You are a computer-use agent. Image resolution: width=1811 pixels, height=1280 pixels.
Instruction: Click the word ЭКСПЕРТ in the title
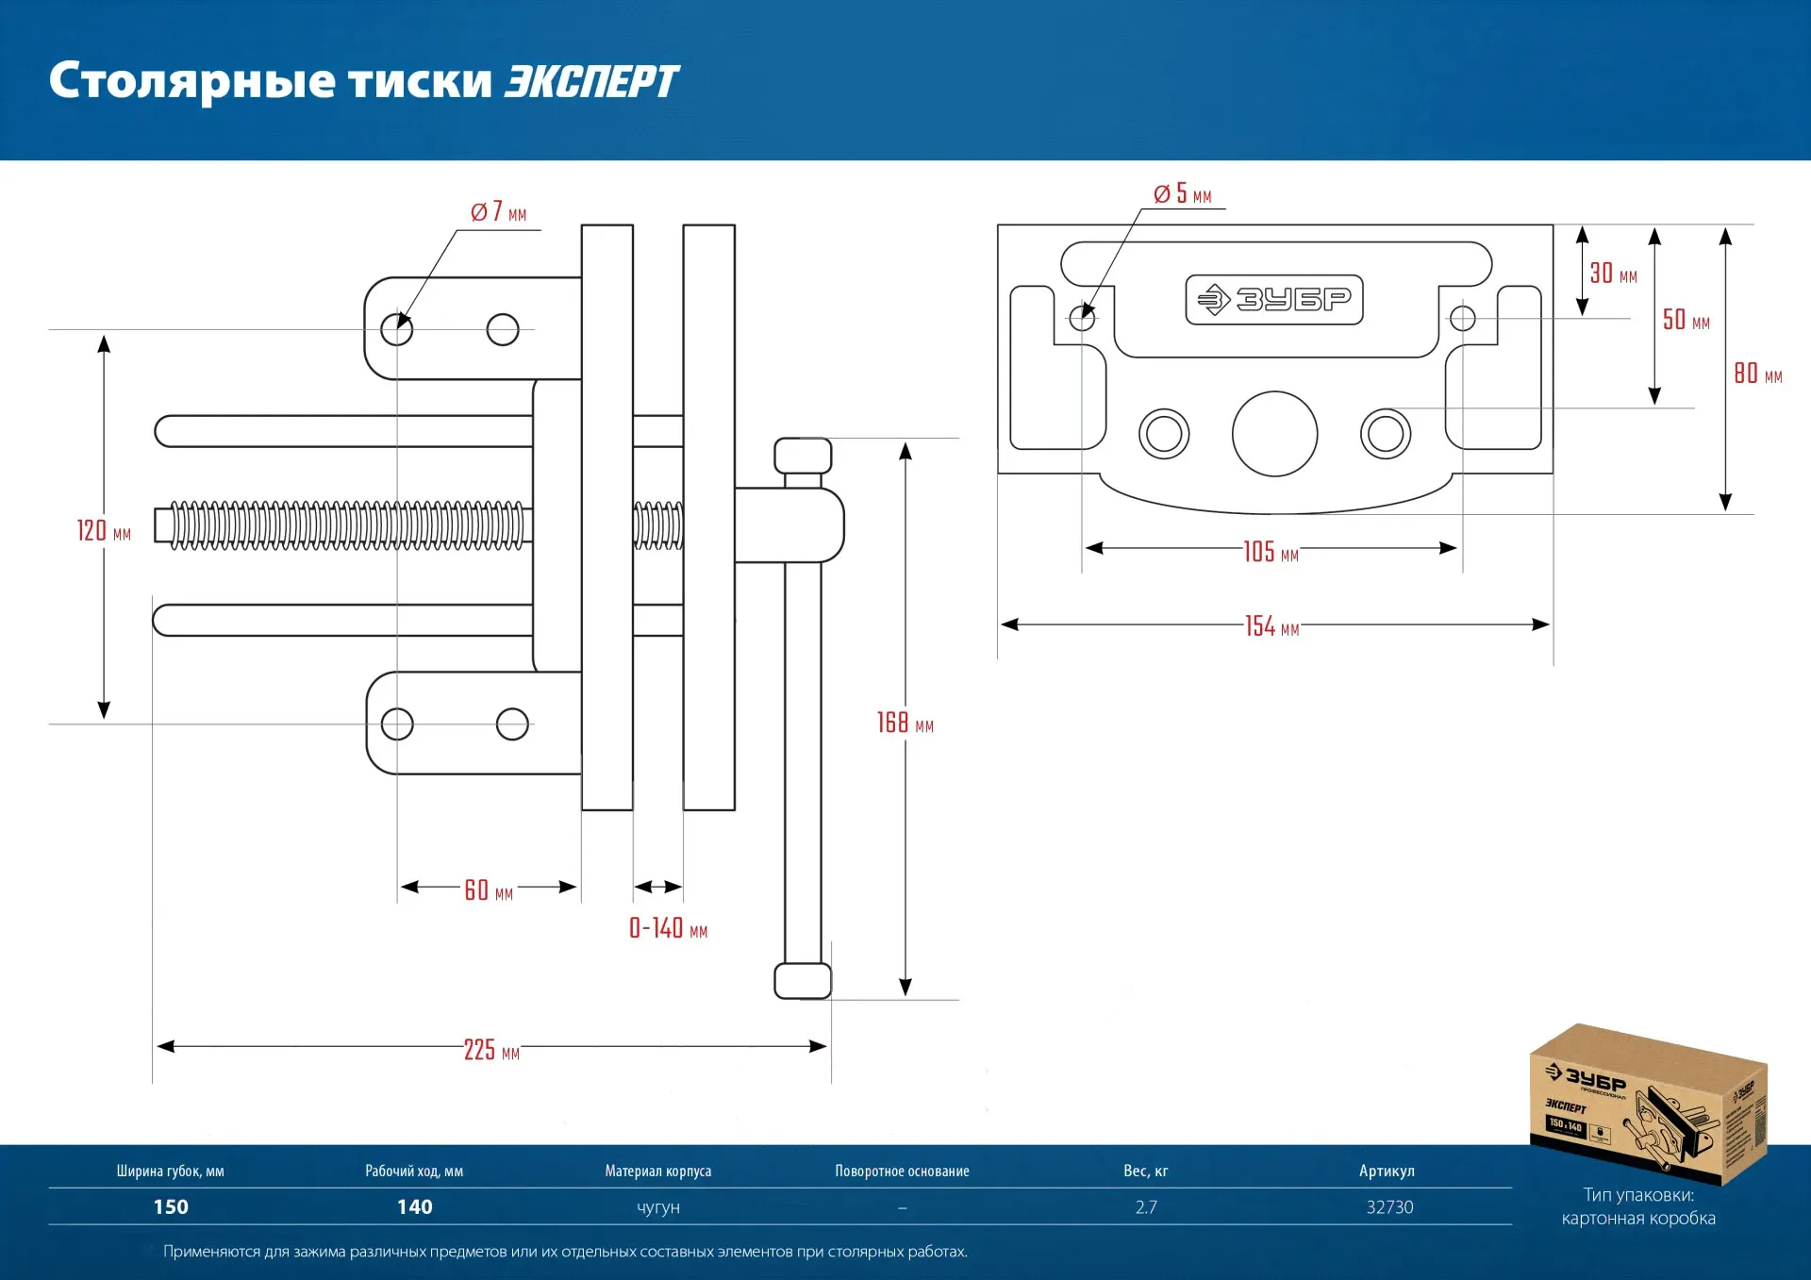click(x=591, y=82)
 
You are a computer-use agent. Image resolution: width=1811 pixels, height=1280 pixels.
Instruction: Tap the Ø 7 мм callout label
click(x=498, y=212)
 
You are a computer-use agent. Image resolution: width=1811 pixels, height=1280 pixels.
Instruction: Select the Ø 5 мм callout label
click(x=1182, y=194)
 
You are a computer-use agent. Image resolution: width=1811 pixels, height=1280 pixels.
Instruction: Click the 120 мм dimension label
click(x=104, y=531)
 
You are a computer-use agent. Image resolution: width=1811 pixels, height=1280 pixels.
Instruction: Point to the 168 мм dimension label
click(x=905, y=723)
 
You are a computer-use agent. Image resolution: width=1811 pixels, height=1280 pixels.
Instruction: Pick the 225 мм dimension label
click(x=491, y=1050)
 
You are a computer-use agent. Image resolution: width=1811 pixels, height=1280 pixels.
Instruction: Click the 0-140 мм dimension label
click(x=668, y=929)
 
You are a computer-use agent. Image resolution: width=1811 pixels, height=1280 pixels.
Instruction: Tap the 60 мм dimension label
click(x=489, y=890)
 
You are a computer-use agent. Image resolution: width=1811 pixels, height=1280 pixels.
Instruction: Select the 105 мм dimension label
click(x=1271, y=552)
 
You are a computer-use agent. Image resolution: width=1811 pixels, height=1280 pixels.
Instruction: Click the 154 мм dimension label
click(x=1271, y=626)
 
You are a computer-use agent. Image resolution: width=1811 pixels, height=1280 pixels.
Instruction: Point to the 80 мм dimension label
click(x=1757, y=374)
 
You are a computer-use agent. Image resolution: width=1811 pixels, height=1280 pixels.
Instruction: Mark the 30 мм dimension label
click(x=1613, y=274)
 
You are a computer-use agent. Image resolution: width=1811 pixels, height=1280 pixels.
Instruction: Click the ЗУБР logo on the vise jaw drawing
click(x=1274, y=300)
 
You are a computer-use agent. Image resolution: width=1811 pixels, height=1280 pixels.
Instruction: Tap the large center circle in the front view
click(x=1274, y=434)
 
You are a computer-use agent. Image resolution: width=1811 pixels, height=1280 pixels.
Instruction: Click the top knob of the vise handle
click(x=803, y=457)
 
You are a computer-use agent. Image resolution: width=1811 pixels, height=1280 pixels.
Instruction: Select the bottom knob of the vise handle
click(x=803, y=981)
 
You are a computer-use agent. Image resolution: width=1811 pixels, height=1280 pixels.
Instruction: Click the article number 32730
click(x=1389, y=1207)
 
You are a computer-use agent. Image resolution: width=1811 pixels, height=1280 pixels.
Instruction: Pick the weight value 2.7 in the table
click(x=1146, y=1207)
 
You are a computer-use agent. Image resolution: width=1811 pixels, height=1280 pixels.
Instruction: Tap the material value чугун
click(x=658, y=1207)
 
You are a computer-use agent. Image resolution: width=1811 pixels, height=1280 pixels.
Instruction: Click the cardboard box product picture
click(x=1648, y=1104)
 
